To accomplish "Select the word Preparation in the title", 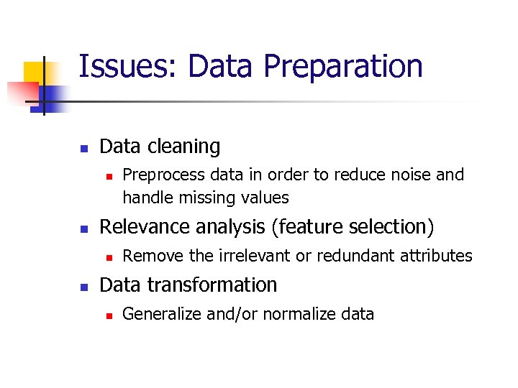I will [x=343, y=67].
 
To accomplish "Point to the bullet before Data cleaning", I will [x=83, y=149].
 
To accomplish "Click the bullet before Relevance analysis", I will [x=83, y=229].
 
